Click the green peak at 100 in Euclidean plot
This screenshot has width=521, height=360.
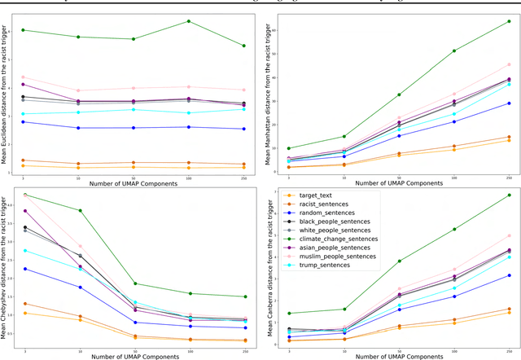tap(189, 21)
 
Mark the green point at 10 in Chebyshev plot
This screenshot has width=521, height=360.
tap(79, 210)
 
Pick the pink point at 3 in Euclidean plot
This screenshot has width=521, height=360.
tap(24, 77)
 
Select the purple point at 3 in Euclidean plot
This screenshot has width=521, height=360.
tap(24, 84)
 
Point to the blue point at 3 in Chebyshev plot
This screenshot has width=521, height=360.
tap(24, 269)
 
